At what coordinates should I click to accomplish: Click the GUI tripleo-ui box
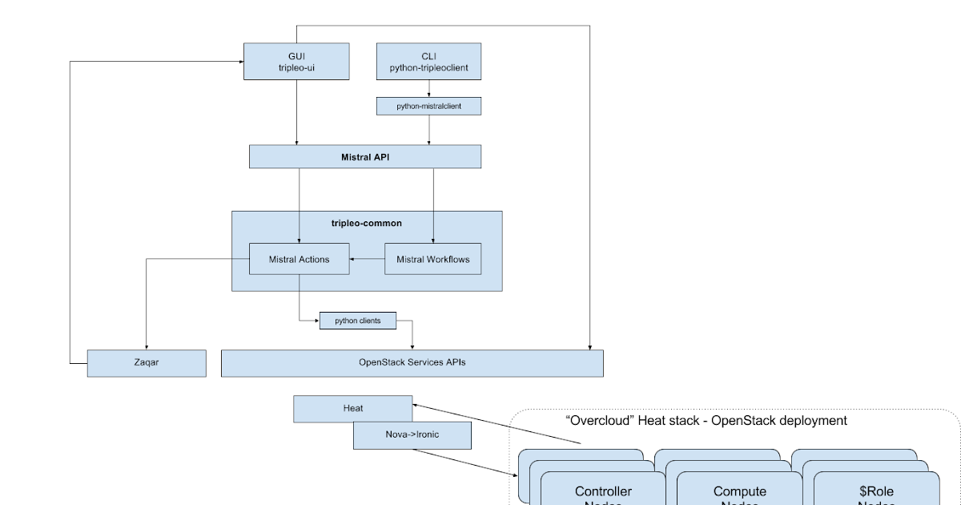pyautogui.click(x=296, y=62)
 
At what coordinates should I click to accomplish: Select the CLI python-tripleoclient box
pyautogui.click(x=428, y=62)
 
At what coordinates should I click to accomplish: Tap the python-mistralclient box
pyautogui.click(x=429, y=105)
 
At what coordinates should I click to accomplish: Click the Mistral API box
pyautogui.click(x=365, y=157)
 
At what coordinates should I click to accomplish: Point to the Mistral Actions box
pyautogui.click(x=299, y=259)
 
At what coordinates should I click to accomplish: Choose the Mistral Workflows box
pyautogui.click(x=432, y=259)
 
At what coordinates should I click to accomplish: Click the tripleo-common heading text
pyautogui.click(x=366, y=223)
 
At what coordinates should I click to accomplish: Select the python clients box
pyautogui.click(x=359, y=321)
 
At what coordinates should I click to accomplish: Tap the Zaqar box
pyautogui.click(x=146, y=362)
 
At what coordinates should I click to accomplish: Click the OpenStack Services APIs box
pyautogui.click(x=412, y=362)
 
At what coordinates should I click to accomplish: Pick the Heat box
pyautogui.click(x=352, y=408)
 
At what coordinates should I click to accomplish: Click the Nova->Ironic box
pyautogui.click(x=412, y=434)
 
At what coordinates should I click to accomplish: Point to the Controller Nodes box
pyautogui.click(x=603, y=491)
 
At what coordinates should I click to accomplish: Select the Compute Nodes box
pyautogui.click(x=739, y=491)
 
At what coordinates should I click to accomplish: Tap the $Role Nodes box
pyautogui.click(x=875, y=491)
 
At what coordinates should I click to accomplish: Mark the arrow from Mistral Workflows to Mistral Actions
pyautogui.click(x=368, y=259)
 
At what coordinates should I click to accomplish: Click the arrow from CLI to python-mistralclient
pyautogui.click(x=429, y=88)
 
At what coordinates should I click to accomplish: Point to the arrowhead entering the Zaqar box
pyautogui.click(x=146, y=345)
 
